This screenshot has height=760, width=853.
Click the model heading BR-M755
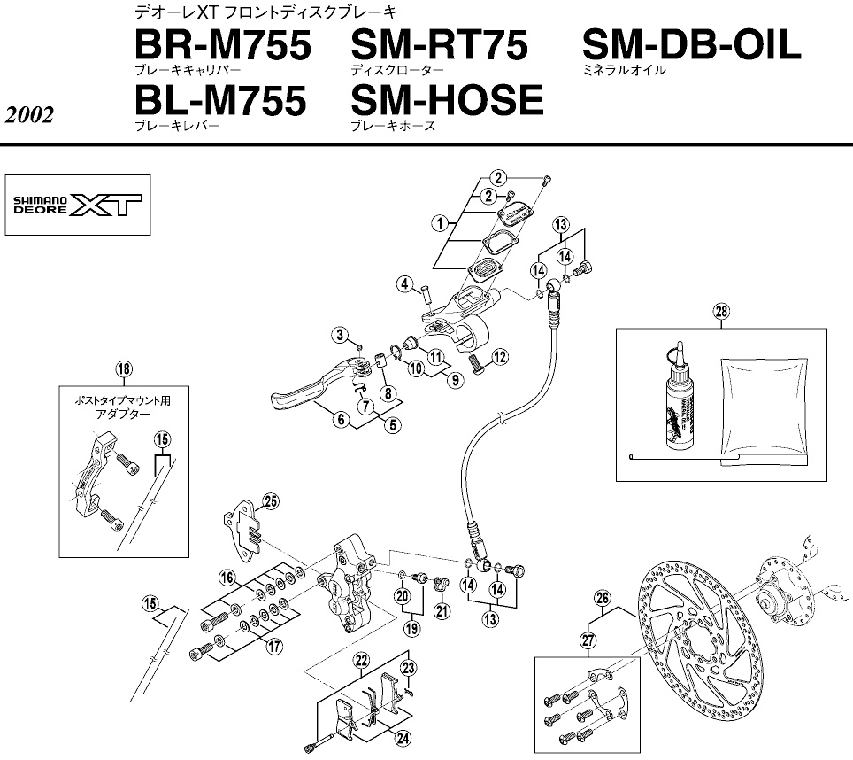point(222,45)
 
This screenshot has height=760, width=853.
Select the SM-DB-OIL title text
point(691,45)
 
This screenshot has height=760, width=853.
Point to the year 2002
point(29,115)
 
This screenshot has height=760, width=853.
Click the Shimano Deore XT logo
point(78,206)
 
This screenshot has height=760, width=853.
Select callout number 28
point(722,310)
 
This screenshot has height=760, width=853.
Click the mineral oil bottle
point(674,399)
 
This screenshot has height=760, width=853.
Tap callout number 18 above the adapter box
point(123,368)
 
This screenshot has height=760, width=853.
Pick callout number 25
point(270,500)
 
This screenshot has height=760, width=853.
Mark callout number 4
point(404,283)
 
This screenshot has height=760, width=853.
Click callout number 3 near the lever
point(338,333)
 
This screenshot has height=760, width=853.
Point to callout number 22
point(360,659)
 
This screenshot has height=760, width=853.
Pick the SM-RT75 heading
point(440,45)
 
